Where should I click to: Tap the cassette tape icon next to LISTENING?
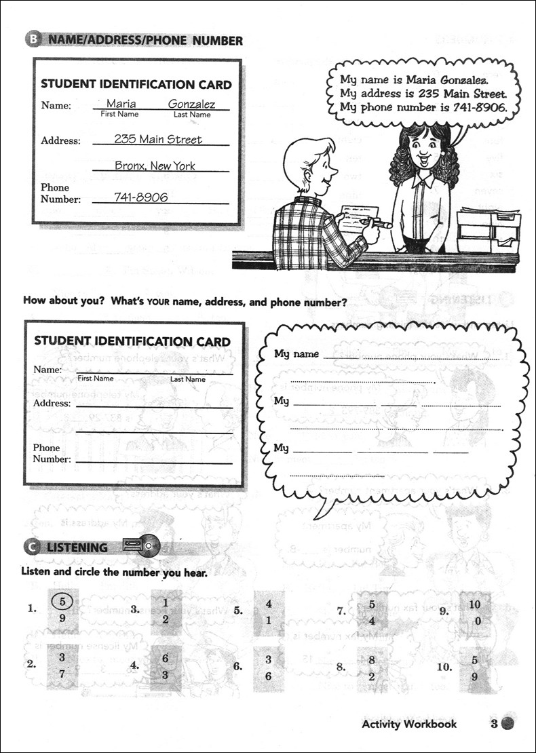tap(141, 543)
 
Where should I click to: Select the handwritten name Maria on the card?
tap(121, 104)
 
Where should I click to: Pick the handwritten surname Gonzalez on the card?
tap(191, 104)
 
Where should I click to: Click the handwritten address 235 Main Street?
tap(158, 139)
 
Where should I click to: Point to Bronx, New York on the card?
tap(155, 166)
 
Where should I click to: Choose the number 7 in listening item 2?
tap(62, 674)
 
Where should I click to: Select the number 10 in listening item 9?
tap(474, 604)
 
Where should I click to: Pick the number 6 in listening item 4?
tap(165, 659)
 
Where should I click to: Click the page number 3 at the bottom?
tap(495, 723)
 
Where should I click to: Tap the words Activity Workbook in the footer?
tap(409, 724)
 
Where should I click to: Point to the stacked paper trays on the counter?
tap(489, 230)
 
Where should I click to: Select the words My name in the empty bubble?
tap(296, 354)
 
